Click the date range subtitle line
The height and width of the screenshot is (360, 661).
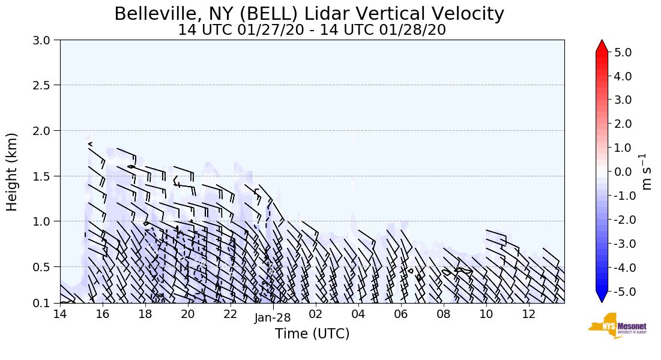point(312,29)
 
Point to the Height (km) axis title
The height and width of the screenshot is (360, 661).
point(12,172)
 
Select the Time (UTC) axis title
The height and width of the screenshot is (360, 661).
point(312,334)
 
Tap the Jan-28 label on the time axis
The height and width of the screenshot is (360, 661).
point(273,318)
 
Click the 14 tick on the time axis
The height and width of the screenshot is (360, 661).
point(60,314)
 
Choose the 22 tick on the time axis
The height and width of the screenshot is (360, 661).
point(231,314)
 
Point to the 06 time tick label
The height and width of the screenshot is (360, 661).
point(401,314)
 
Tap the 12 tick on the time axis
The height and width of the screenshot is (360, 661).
point(529,314)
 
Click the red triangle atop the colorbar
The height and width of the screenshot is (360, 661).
point(602,46)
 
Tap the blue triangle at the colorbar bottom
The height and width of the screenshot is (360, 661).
point(602,296)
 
